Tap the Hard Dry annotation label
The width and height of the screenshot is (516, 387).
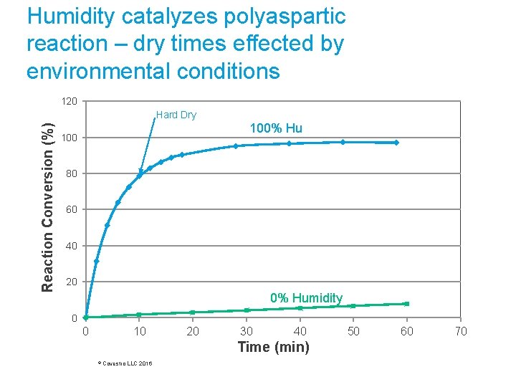pyautogui.click(x=176, y=115)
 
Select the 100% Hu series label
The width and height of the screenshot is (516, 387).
pyautogui.click(x=276, y=128)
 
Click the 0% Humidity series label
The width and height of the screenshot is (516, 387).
pyautogui.click(x=306, y=297)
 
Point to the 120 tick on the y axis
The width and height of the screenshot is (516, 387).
pyautogui.click(x=70, y=102)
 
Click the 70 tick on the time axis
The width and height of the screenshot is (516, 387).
pyautogui.click(x=460, y=331)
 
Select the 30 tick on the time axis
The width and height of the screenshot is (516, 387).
pyautogui.click(x=246, y=331)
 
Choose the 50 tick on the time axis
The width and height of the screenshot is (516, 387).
pyautogui.click(x=353, y=331)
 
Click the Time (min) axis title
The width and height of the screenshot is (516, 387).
pyautogui.click(x=273, y=348)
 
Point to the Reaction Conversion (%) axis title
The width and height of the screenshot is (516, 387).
pyautogui.click(x=48, y=208)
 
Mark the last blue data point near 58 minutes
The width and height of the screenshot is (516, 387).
pyautogui.click(x=396, y=143)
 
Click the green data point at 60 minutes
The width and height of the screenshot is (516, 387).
pyautogui.click(x=407, y=304)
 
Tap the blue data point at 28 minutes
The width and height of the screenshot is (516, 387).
pyautogui.click(x=235, y=146)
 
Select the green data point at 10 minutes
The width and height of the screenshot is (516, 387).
pyautogui.click(x=139, y=314)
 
